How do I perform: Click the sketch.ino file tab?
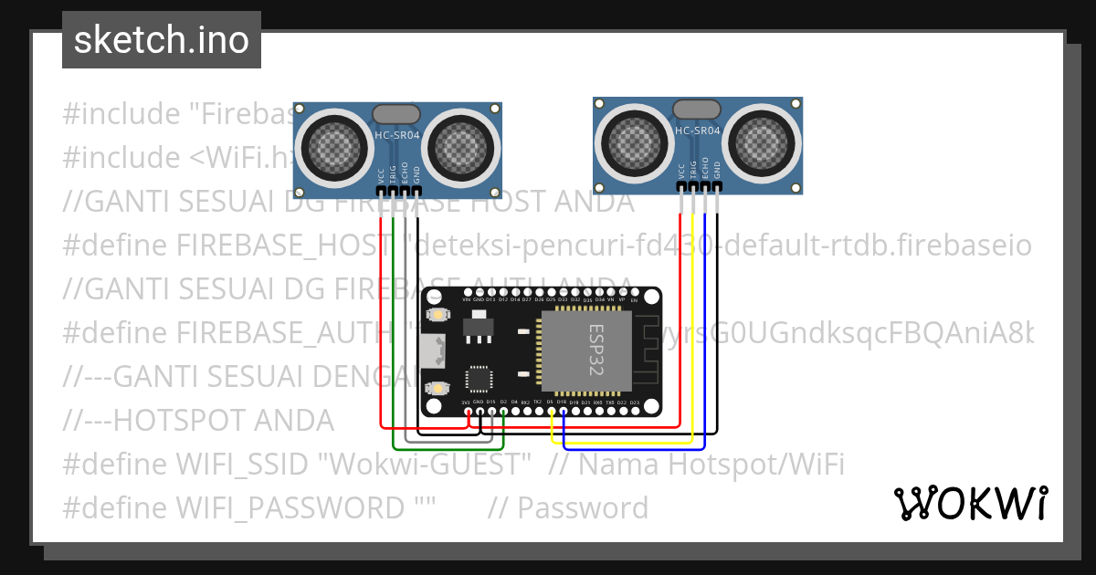coord(161,40)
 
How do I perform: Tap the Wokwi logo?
coord(970,503)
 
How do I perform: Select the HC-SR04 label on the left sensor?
coord(396,136)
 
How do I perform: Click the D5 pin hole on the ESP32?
coord(552,412)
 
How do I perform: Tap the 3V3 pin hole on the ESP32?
coord(468,412)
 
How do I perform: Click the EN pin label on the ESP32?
coord(634,300)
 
